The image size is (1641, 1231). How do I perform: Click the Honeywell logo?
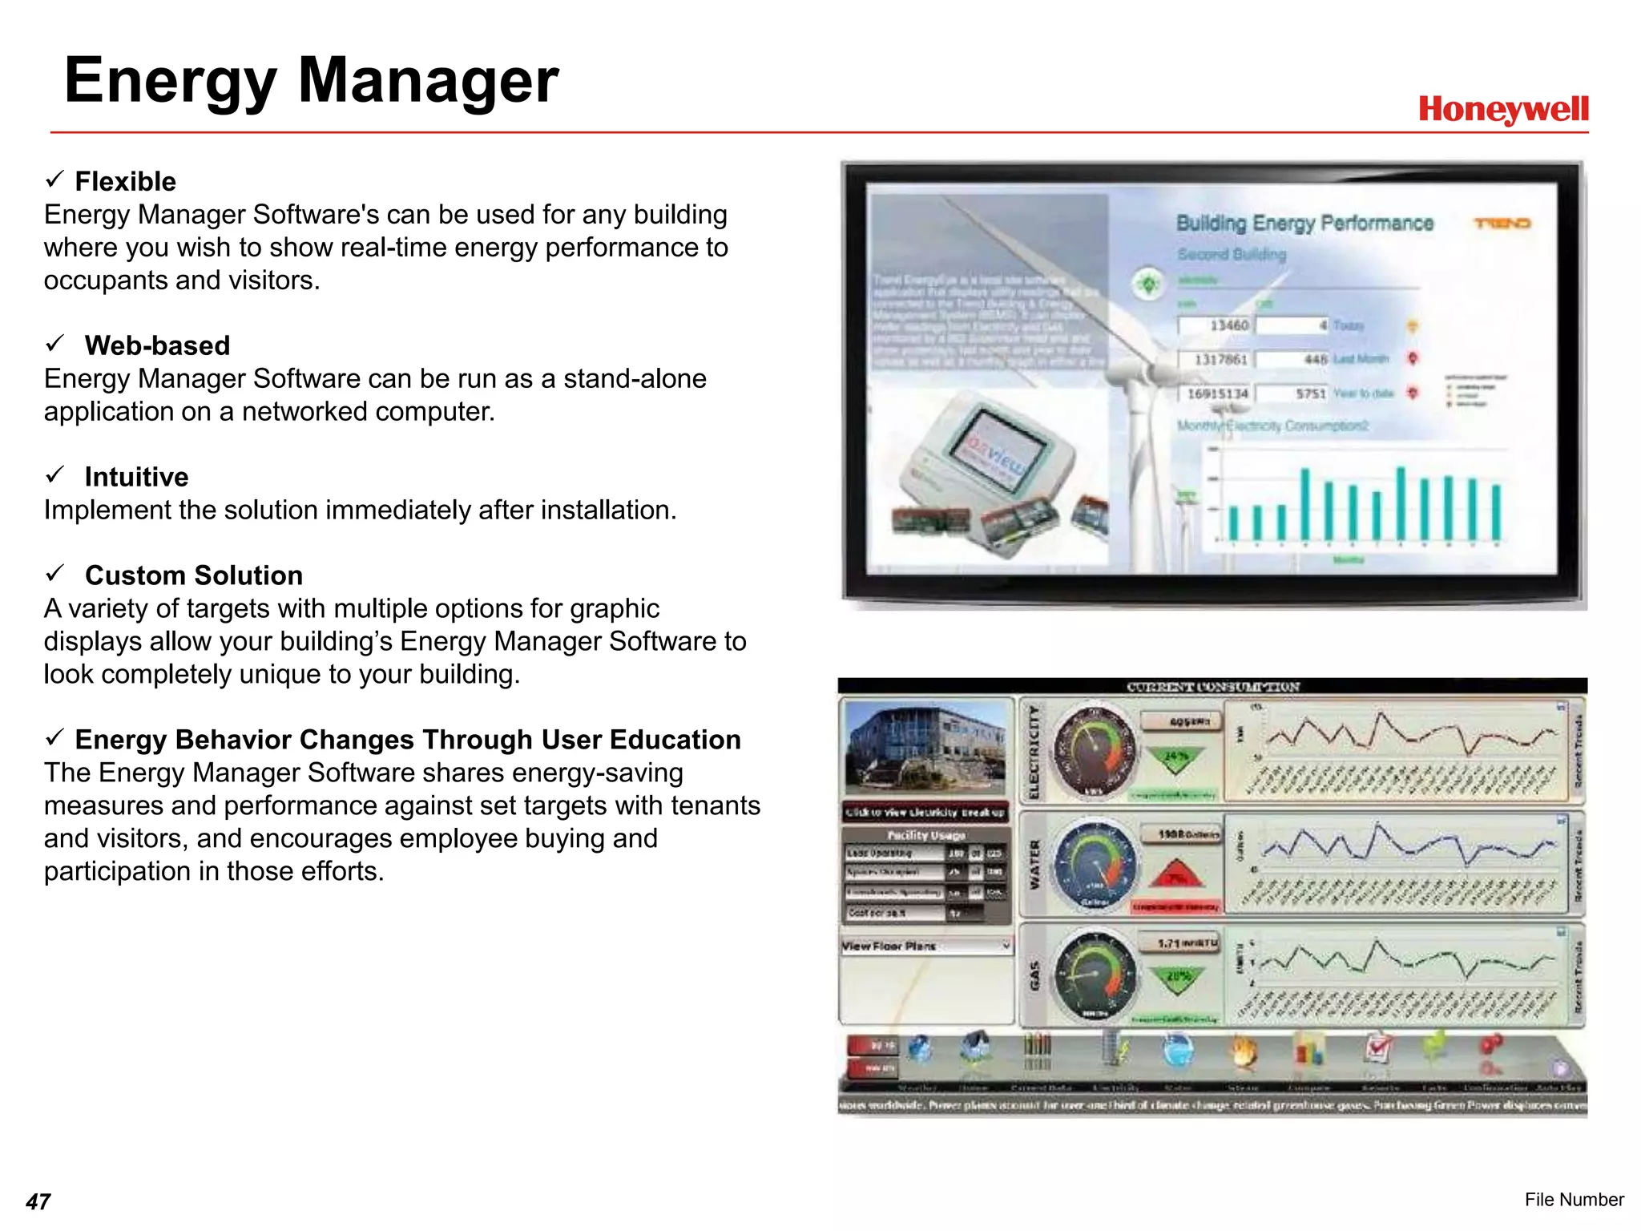tap(1502, 109)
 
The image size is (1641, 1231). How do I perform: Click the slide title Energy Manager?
tap(311, 80)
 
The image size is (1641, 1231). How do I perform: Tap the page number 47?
tap(38, 1201)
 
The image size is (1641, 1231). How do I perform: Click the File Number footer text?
tap(1574, 1199)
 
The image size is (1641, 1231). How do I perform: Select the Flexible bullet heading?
tap(125, 181)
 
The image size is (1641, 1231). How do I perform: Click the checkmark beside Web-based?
tap(54, 344)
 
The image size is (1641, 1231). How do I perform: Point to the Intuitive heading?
tap(136, 477)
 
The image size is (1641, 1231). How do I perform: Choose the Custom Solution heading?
tap(193, 575)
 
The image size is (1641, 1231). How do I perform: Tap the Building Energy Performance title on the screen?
tap(1304, 223)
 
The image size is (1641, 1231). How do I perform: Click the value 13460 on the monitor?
tap(1228, 325)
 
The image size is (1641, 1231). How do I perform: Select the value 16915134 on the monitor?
tap(1217, 394)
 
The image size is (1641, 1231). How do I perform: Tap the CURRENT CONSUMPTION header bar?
tap(1212, 686)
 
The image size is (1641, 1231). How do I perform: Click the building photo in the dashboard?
tap(925, 747)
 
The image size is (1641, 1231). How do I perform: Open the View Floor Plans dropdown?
tap(926, 946)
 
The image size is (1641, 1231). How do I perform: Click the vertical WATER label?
tap(1034, 864)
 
